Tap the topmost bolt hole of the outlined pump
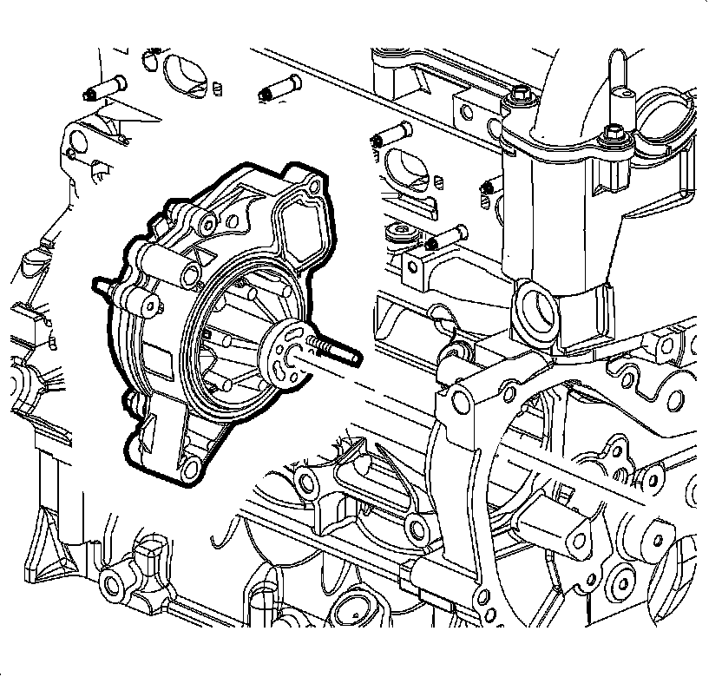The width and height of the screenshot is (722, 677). (313, 186)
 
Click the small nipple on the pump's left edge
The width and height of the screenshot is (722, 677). (102, 283)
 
